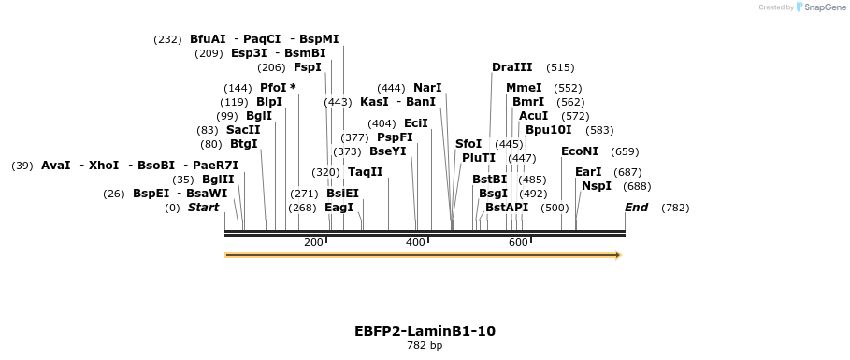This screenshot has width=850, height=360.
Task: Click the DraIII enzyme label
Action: pos(511,67)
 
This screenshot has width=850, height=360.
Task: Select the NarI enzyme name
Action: pos(427,88)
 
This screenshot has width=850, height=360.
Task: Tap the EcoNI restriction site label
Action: pos(579,151)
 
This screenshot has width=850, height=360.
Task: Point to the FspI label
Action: pos(307,67)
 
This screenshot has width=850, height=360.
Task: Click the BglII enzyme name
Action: pos(218,180)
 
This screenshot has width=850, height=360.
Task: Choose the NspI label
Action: pos(596,186)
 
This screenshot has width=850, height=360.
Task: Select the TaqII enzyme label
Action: pos(365,172)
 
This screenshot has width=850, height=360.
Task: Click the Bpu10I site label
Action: pos(548,130)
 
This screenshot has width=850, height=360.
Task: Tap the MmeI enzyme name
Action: pos(524,88)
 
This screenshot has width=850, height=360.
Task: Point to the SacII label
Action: pos(243,130)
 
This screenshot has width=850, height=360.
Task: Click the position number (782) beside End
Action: pos(674,208)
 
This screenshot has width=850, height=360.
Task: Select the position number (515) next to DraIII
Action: pos(560,67)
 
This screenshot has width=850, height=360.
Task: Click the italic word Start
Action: pos(203,208)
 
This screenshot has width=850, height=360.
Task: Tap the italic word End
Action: pos(636,208)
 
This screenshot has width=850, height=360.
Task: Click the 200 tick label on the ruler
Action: pos(313,243)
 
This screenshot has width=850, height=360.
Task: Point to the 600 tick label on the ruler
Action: pos(518,243)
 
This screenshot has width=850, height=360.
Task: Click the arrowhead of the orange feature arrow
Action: pos(617,254)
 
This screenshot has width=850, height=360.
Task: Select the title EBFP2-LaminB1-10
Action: pos(425,331)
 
